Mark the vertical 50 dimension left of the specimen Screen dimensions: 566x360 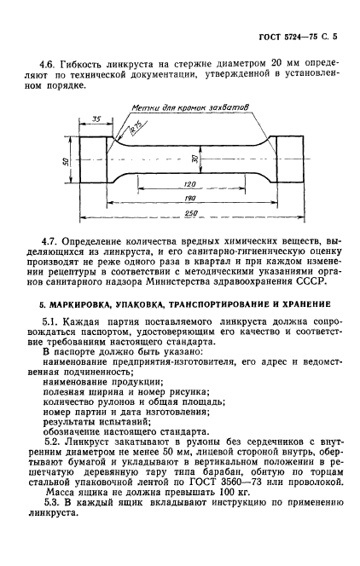[67, 159]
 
